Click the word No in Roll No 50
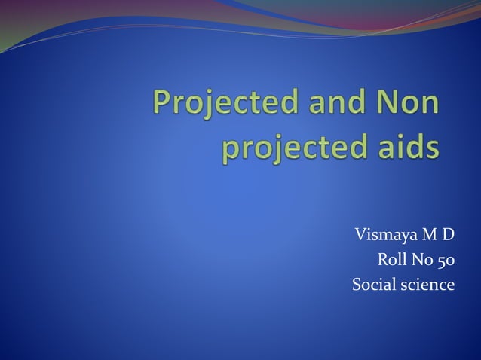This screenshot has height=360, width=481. [421, 261]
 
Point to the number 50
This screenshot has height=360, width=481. [446, 261]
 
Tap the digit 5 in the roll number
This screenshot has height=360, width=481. [441, 261]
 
